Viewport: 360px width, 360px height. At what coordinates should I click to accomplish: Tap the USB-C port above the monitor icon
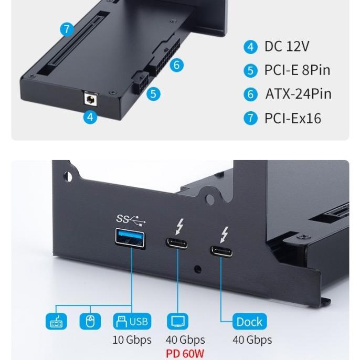click(178, 243)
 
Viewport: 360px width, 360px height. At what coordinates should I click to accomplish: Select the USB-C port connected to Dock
click(221, 250)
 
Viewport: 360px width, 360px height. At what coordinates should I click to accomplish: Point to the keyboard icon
click(57, 321)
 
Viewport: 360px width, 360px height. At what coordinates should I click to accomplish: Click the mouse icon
click(90, 321)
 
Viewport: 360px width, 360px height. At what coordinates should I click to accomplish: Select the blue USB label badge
click(132, 321)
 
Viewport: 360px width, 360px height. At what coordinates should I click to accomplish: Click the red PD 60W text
click(185, 354)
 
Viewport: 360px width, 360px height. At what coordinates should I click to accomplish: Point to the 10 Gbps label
click(132, 340)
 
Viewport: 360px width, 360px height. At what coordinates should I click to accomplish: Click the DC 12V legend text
click(287, 46)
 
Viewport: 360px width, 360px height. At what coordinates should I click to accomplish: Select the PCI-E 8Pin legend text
click(297, 70)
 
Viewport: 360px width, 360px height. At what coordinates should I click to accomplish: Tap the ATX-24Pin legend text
click(298, 94)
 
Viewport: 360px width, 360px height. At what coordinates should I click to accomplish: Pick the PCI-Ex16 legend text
click(292, 118)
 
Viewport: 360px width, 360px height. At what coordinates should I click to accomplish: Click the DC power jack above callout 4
click(91, 98)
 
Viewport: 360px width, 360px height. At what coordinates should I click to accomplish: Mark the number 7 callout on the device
click(67, 29)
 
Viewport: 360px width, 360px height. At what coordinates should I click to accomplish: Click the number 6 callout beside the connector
click(177, 65)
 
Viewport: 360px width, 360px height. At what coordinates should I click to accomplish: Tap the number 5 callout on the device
click(153, 94)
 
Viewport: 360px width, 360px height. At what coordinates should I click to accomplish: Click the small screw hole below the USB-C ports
click(197, 270)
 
